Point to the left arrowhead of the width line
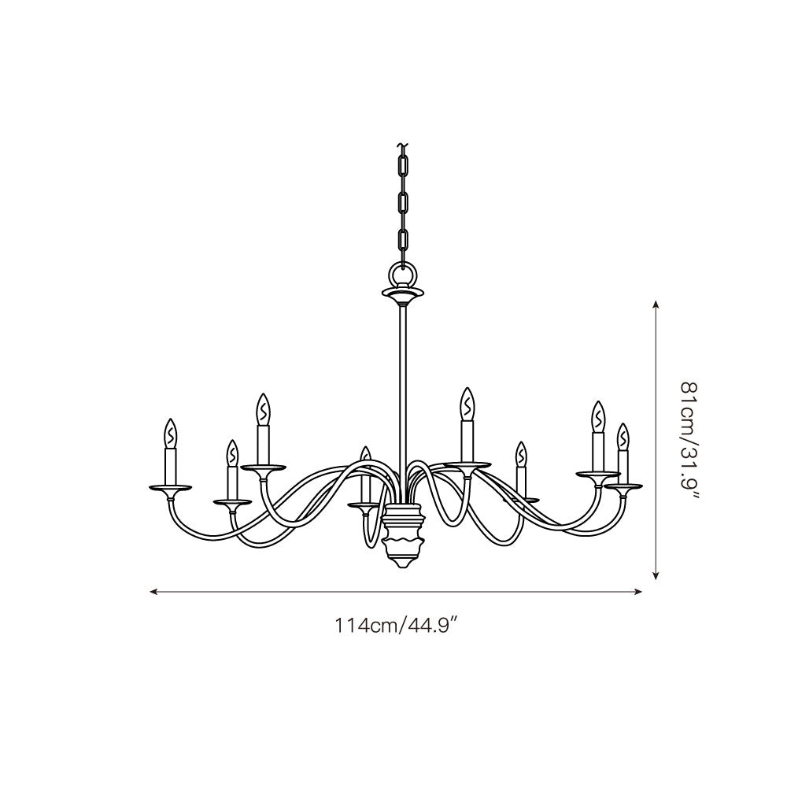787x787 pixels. pos(153,592)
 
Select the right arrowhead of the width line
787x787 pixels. pos(639,592)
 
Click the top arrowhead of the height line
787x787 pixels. pos(655,304)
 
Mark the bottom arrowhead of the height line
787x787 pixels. pos(655,575)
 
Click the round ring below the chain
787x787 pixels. pos(402,276)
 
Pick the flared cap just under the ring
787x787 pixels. pos(402,296)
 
